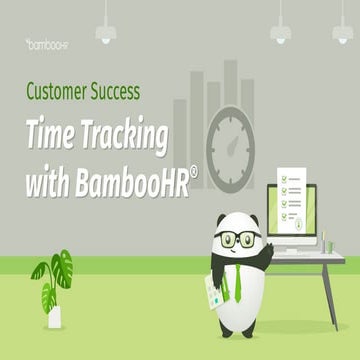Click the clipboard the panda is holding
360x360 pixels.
(214, 289)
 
